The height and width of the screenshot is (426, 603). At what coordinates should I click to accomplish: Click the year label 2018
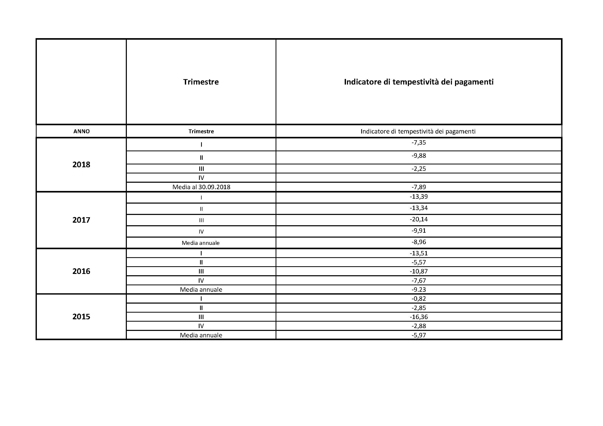(x=81, y=165)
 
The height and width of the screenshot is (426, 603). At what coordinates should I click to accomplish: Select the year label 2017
(x=81, y=220)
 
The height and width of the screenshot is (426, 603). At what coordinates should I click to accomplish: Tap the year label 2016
(x=81, y=271)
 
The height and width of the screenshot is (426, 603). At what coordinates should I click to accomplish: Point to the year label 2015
(x=81, y=316)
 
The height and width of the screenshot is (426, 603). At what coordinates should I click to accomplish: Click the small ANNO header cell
(x=81, y=131)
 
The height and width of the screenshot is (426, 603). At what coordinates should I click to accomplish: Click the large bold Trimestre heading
(x=201, y=82)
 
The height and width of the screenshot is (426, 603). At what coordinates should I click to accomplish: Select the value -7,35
(x=419, y=143)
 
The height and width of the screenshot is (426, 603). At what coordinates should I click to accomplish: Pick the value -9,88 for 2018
(x=419, y=156)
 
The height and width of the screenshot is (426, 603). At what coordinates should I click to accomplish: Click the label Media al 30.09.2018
(x=201, y=187)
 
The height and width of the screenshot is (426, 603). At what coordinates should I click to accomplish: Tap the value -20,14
(x=419, y=219)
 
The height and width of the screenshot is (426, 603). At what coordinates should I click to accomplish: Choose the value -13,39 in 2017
(x=419, y=197)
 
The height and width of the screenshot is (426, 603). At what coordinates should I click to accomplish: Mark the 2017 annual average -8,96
(x=419, y=242)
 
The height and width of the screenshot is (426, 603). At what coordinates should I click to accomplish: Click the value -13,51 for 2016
(x=419, y=253)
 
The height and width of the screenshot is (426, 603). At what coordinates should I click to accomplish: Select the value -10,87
(x=419, y=271)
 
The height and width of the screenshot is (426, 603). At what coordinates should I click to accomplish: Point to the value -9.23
(x=419, y=289)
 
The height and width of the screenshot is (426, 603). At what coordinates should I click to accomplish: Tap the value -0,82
(x=419, y=298)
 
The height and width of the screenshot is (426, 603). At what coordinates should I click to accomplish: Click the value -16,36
(x=419, y=317)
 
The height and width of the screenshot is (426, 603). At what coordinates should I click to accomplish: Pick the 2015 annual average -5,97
(x=419, y=335)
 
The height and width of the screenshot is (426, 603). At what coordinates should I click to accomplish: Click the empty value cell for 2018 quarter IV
(x=419, y=178)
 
